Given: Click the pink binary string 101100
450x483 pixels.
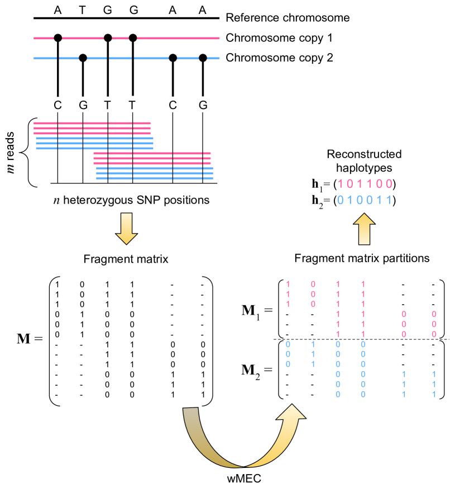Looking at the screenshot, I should [x=365, y=184].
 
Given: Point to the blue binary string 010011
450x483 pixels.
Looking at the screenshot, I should [x=365, y=200].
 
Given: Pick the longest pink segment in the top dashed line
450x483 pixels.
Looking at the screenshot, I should [x=178, y=39].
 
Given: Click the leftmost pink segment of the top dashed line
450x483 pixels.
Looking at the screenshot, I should [x=44, y=39].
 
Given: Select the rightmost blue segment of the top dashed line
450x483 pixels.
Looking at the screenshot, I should [x=213, y=58].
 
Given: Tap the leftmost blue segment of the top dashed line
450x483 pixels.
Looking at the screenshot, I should [x=45, y=58].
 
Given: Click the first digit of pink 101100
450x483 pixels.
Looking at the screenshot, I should [x=340, y=184].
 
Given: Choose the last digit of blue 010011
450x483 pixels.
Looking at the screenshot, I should [x=389, y=200].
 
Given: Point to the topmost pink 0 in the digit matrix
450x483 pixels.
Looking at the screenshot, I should [x=313, y=284].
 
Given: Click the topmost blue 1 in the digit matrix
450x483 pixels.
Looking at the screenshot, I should [x=313, y=344].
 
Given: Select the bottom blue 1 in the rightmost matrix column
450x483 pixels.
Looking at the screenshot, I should [x=434, y=394].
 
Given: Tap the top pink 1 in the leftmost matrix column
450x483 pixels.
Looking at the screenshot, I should [x=288, y=284].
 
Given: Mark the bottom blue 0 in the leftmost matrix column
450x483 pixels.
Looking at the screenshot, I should [x=288, y=364].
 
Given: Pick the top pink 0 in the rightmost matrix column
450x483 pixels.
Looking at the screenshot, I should [x=434, y=314].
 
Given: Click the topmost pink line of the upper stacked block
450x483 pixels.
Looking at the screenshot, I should [x=92, y=123].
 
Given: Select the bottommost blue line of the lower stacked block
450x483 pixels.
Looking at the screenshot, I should [x=155, y=179].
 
